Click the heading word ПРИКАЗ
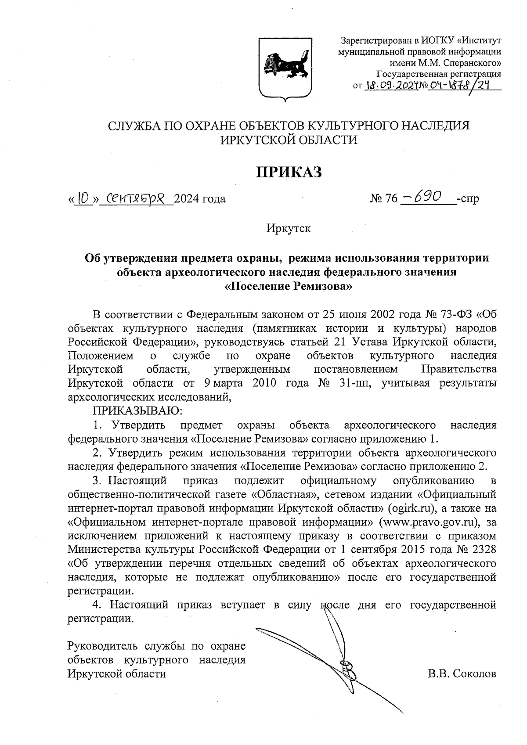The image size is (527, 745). [x=289, y=173]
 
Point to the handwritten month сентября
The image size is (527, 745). [x=135, y=199]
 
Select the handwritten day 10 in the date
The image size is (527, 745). [x=83, y=199]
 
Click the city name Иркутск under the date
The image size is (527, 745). [x=288, y=228]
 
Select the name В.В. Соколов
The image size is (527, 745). [x=462, y=673]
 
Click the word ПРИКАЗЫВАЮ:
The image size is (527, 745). [x=137, y=411]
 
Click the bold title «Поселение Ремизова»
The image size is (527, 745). [x=289, y=287]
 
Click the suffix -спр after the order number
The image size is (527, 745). [x=468, y=199]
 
